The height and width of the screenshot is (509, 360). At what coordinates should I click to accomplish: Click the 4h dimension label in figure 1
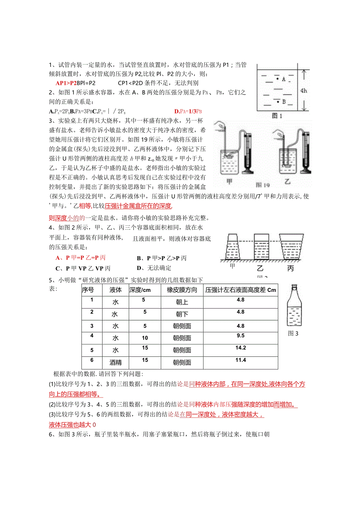pyautogui.click(x=304, y=91)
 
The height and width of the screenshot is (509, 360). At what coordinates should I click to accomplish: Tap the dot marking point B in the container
pyautogui.click(x=278, y=101)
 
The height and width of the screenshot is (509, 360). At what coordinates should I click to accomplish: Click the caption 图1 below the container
pyautogui.click(x=277, y=116)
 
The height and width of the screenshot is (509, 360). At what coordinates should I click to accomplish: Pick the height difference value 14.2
pyautogui.click(x=241, y=348)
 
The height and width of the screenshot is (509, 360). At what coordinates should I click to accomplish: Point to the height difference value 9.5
pyautogui.click(x=241, y=336)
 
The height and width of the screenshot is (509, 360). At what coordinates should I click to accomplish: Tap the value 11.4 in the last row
pyautogui.click(x=241, y=360)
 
